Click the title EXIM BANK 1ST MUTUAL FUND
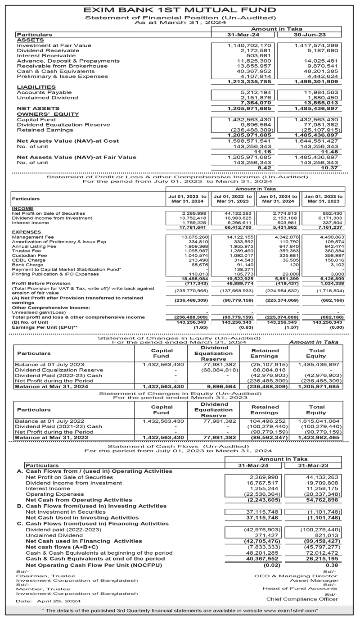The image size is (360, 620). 180,9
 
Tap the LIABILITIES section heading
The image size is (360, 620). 36,87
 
